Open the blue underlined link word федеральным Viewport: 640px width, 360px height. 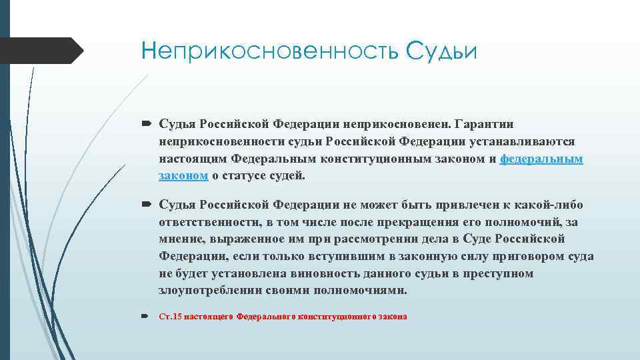541,159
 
